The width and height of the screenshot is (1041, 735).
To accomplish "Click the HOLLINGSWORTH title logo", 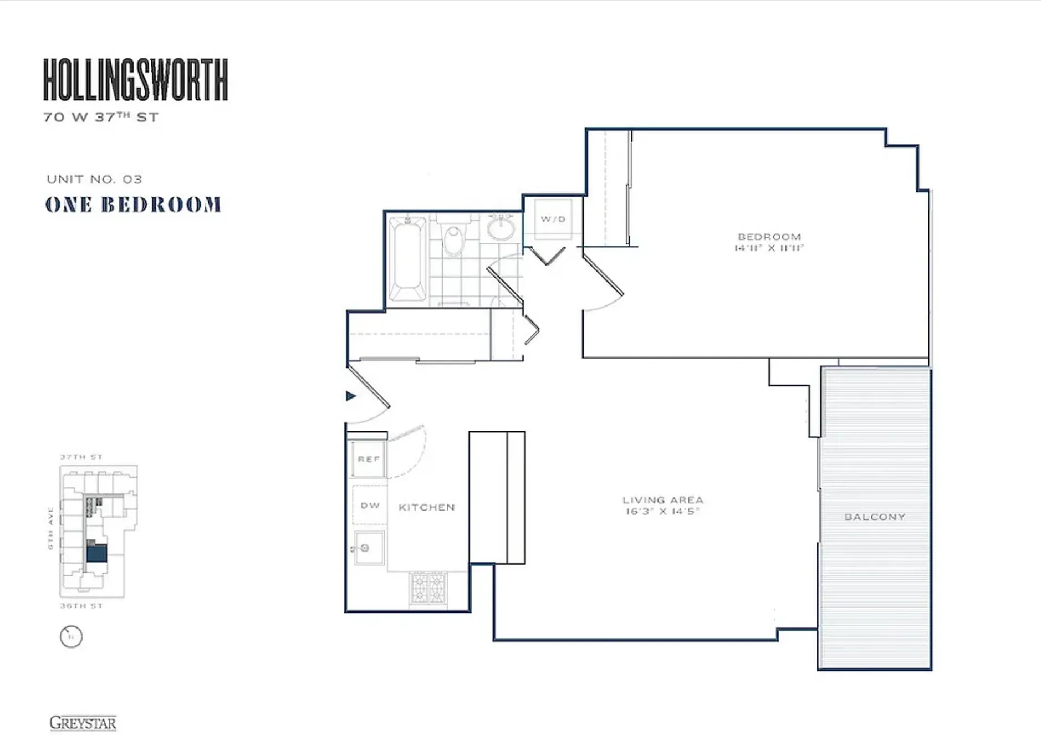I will (135, 80).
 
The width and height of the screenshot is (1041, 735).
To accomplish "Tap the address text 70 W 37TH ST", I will (101, 118).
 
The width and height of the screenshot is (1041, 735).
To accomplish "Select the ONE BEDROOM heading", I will (133, 205).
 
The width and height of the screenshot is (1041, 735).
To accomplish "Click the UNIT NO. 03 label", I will (94, 179).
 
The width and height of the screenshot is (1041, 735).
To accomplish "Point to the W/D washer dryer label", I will (553, 219).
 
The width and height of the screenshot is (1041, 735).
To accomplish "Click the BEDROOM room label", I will (769, 237).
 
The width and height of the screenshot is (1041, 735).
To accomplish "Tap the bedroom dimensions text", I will (769, 248).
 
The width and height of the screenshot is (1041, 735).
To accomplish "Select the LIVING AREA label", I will (662, 500).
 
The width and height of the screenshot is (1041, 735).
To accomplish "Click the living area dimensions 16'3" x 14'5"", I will (662, 512).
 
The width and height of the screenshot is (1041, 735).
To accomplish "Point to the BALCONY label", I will (875, 517).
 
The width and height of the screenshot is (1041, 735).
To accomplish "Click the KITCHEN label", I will (426, 507).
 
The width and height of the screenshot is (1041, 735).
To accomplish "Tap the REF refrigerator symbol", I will (369, 460).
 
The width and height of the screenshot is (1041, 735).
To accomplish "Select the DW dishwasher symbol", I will (370, 506).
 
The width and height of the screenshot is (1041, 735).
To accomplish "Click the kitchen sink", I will (369, 548).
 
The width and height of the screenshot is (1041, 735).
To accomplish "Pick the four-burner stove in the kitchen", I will (428, 588).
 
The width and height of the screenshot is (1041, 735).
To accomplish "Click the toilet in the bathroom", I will (454, 238).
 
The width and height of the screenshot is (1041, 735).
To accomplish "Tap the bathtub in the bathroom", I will (407, 259).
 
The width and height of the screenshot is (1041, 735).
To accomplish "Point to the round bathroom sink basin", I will (502, 229).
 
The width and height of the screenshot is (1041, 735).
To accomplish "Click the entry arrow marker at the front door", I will (351, 396).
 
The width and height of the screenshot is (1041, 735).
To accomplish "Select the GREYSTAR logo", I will (83, 723).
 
